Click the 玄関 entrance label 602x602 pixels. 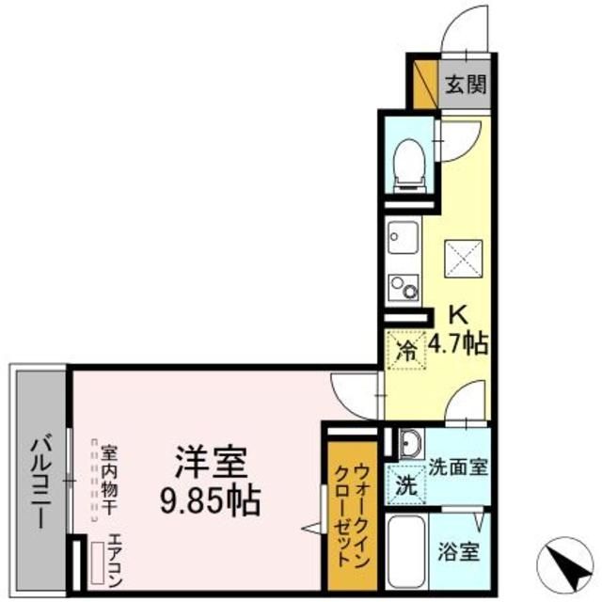click(x=465, y=85)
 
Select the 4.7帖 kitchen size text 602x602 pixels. click(x=457, y=344)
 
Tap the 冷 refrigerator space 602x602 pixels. click(x=406, y=353)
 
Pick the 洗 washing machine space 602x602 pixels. click(x=406, y=488)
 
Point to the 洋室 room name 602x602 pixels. click(x=208, y=463)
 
